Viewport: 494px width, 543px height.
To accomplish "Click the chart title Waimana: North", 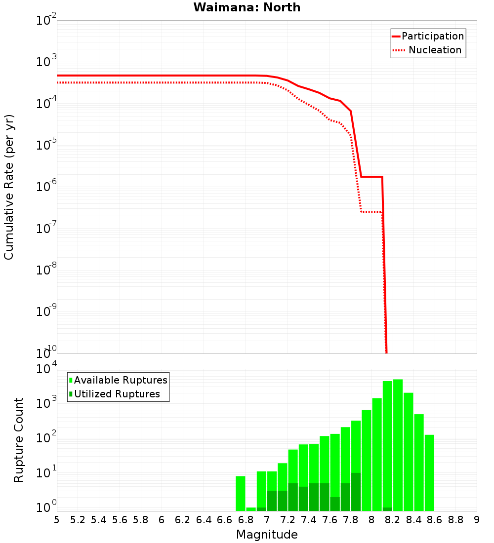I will click(247, 7).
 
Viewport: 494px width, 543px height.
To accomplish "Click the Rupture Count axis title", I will click(19, 440).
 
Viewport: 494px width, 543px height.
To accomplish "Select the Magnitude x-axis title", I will click(267, 535).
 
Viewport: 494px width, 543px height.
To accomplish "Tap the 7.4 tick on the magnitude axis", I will click(309, 520).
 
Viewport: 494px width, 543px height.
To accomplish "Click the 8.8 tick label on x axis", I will click(455, 520).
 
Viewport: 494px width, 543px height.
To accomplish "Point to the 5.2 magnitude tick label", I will click(78, 520).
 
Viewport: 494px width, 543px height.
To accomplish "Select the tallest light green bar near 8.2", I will click(398, 444).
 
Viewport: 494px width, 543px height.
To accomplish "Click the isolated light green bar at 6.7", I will click(241, 493).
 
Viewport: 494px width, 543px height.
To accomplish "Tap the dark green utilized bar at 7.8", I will click(356, 492).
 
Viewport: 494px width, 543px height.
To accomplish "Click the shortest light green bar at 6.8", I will click(251, 509).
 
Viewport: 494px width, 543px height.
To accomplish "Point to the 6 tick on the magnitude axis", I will click(162, 520).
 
